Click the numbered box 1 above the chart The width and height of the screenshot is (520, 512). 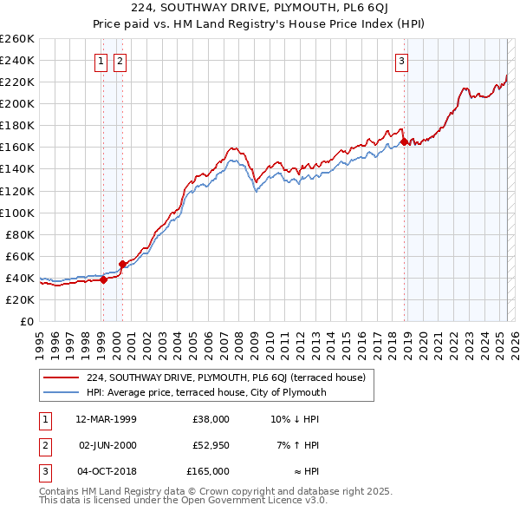click(101, 61)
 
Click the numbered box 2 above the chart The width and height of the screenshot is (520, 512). click(120, 61)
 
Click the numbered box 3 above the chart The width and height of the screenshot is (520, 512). click(402, 61)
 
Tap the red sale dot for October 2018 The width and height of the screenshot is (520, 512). click(404, 141)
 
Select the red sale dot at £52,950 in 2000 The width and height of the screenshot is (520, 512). click(122, 263)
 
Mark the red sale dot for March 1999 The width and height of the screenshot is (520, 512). click(103, 279)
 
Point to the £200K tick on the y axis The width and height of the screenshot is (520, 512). click(16, 103)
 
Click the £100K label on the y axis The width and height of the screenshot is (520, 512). click(16, 213)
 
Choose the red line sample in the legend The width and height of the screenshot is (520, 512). click(61, 377)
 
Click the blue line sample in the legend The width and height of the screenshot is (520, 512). click(61, 392)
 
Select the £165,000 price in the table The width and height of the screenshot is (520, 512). click(208, 471)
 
